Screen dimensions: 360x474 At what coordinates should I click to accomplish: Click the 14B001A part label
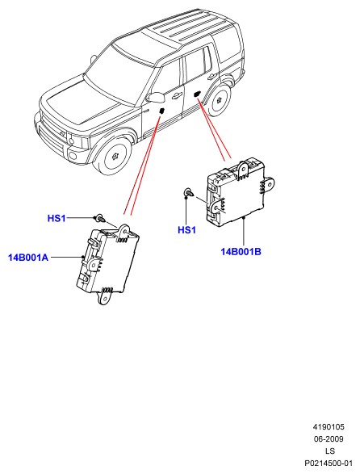pos(28,258)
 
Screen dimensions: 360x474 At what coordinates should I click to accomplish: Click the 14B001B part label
pos(241,251)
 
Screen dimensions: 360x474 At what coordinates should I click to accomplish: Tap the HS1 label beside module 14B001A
pos(57,218)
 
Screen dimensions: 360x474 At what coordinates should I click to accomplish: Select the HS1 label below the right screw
pos(186,230)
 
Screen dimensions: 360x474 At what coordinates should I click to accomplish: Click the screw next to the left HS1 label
pos(100,218)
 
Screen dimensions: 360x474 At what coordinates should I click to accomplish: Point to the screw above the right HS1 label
pos(189,192)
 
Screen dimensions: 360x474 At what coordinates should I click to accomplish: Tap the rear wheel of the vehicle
pos(219,99)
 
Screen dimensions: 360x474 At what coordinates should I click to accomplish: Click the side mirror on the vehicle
pos(156,97)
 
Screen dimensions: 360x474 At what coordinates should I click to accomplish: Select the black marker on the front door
pos(162,111)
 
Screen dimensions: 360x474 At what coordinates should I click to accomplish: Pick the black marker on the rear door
pos(197,94)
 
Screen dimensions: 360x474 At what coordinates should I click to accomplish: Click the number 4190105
pos(329,427)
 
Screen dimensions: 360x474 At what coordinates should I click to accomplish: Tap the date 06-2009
pos(329,439)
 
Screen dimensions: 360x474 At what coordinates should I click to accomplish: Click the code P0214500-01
pos(329,464)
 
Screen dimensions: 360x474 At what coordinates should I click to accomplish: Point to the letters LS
pos(330,451)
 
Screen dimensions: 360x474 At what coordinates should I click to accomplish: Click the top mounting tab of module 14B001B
pos(242,170)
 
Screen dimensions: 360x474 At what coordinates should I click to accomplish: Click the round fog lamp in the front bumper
pos(73,156)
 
